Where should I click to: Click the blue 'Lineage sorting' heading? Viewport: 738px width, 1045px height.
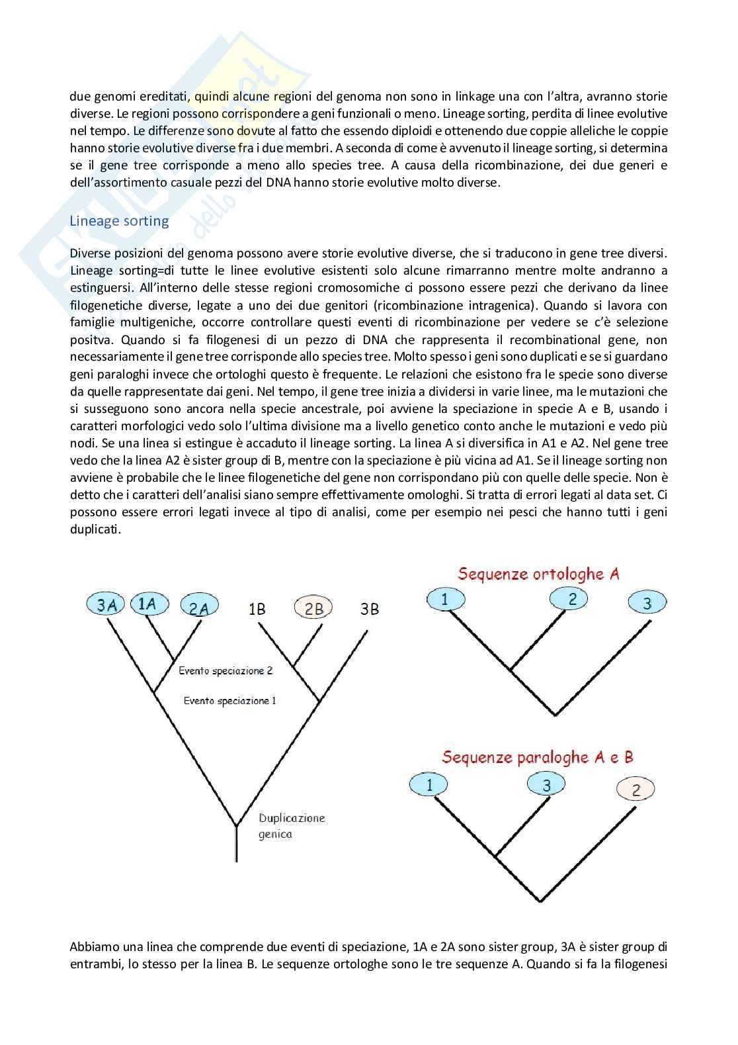119,221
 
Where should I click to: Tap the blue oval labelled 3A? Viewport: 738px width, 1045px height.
106,604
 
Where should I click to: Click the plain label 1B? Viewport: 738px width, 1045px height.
257,609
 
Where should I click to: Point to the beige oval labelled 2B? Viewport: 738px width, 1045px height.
313,608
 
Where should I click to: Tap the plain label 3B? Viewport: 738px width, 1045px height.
370,609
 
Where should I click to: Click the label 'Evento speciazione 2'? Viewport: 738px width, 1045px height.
225,670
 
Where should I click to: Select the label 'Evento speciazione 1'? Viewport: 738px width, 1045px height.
230,701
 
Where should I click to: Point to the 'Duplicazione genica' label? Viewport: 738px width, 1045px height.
292,826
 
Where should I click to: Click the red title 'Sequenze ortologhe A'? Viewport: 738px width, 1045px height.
538,574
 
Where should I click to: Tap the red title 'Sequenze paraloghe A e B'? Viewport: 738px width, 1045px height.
537,757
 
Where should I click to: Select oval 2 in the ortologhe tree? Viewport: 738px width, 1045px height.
572,599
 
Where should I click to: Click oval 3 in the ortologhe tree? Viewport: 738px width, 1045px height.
647,603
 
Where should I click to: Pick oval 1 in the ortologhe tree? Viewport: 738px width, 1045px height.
445,599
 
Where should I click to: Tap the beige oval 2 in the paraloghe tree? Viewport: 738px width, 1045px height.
635,790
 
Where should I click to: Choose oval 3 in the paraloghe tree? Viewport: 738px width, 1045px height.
546,785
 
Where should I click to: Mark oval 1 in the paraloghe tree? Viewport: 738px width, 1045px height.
429,785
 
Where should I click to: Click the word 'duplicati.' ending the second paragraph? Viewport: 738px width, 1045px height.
95,529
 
